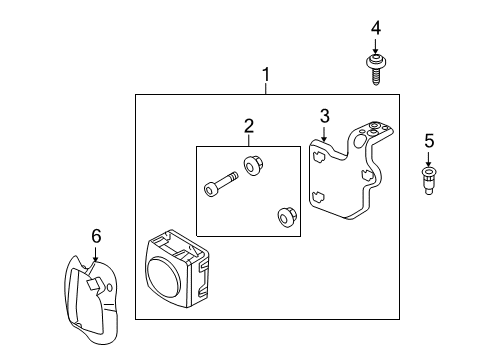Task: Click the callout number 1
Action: pyautogui.click(x=266, y=74)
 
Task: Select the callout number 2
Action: pyautogui.click(x=249, y=126)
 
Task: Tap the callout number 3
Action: pyautogui.click(x=325, y=116)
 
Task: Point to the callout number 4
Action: pyautogui.click(x=376, y=28)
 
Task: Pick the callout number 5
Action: pyautogui.click(x=429, y=141)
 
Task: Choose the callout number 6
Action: pyautogui.click(x=96, y=236)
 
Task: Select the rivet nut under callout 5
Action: pyautogui.click(x=429, y=181)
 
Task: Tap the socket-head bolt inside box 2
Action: pyautogui.click(x=221, y=184)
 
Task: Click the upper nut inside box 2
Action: pyautogui.click(x=252, y=165)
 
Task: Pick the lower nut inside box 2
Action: pyautogui.click(x=286, y=217)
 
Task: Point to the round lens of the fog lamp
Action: pyautogui.click(x=164, y=277)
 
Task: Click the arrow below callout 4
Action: pyautogui.click(x=376, y=46)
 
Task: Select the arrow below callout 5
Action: pyautogui.click(x=429, y=159)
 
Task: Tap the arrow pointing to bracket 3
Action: pyautogui.click(x=324, y=134)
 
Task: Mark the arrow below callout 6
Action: pyautogui.click(x=96, y=254)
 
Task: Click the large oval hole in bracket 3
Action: pyautogui.click(x=359, y=141)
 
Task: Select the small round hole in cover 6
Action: pyautogui.click(x=110, y=287)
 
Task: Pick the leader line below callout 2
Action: pyautogui.click(x=249, y=140)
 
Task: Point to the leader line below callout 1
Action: pyautogui.click(x=266, y=89)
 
